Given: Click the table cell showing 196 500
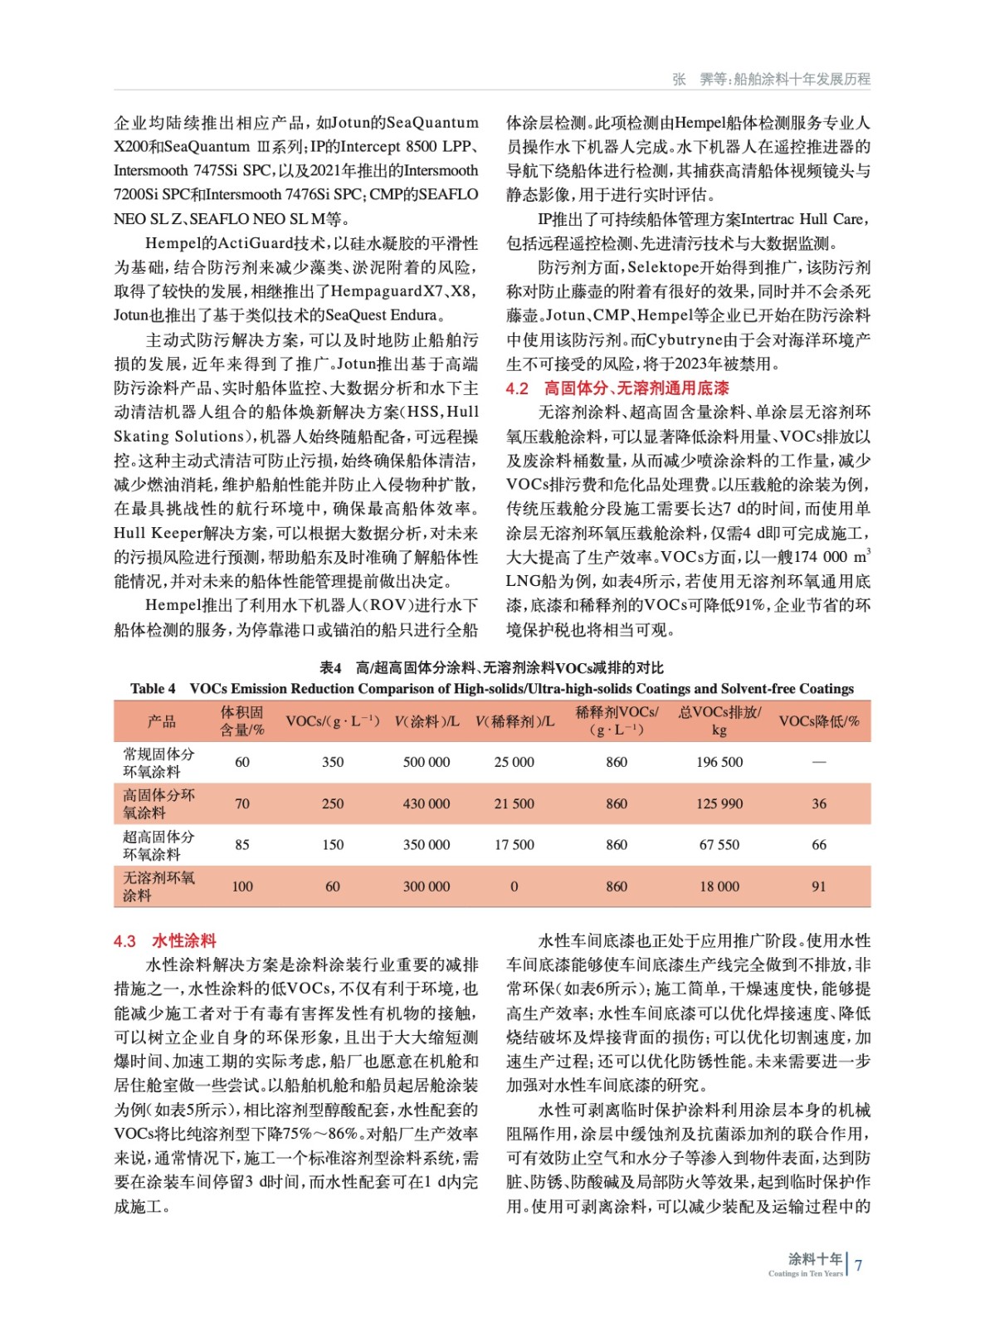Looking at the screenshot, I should click(719, 762).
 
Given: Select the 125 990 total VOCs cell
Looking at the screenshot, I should click(719, 803).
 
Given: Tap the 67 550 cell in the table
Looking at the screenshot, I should click(719, 845).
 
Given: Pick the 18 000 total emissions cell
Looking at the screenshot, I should click(719, 886).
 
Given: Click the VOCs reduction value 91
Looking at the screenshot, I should click(818, 886).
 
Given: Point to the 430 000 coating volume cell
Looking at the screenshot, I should click(426, 803).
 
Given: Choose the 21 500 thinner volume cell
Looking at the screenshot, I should click(514, 803).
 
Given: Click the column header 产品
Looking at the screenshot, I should click(161, 721).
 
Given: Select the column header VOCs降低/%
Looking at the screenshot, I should click(818, 721).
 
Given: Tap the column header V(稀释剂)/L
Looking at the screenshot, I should click(514, 721).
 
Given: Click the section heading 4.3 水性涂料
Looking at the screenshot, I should click(164, 941).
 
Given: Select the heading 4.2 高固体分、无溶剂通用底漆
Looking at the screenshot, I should click(617, 388).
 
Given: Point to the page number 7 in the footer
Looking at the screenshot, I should click(858, 1266).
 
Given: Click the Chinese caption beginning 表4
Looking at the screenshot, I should click(491, 668).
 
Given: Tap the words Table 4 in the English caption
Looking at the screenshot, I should click(153, 689).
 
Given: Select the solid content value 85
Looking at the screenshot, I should click(241, 845).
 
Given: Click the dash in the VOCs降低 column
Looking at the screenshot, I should click(818, 762).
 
